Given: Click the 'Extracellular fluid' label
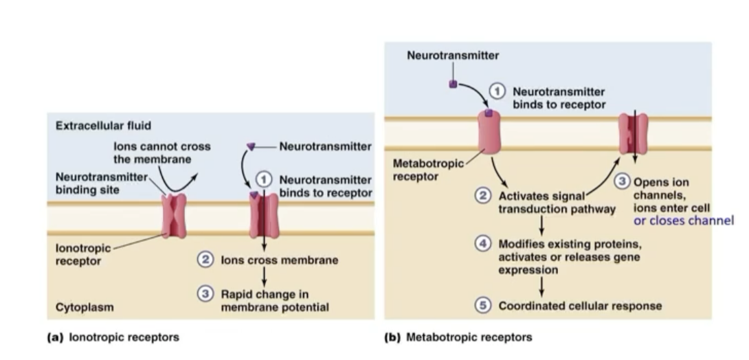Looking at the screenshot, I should pos(103,126).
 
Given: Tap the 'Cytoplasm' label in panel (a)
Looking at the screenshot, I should pos(85,307).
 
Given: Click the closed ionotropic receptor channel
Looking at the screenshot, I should pos(174,216).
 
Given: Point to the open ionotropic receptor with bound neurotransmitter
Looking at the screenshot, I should pos(264,215).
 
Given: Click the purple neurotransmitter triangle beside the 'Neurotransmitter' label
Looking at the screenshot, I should pos(251,146).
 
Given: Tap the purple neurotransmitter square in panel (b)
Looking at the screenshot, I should pos(453,84).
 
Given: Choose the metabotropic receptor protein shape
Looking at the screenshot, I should pos(489,132).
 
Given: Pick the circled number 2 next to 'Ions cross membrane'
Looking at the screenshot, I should pos(205,260).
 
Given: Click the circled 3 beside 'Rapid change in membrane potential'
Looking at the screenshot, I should pos(205,294).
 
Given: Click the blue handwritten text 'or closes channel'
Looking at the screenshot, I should pos(683,221).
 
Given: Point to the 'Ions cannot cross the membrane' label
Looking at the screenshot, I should pos(162,153).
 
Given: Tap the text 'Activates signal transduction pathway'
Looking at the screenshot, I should pos(555,202).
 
